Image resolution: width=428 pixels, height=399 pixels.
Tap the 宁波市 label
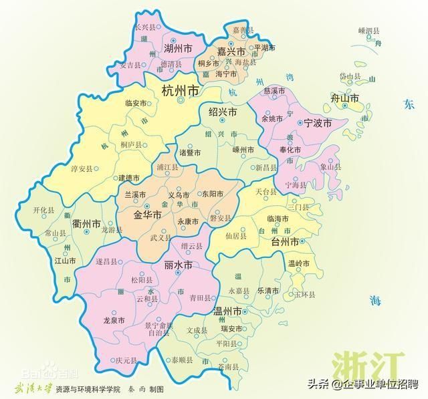click(x=318, y=123)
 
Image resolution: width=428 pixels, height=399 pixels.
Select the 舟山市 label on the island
click(x=346, y=98)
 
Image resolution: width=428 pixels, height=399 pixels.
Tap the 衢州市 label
click(x=87, y=223)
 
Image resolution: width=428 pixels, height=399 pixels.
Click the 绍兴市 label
click(x=223, y=112)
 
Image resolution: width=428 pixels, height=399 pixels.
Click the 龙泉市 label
click(x=114, y=321)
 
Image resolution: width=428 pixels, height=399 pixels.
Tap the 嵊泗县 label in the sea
click(x=368, y=31)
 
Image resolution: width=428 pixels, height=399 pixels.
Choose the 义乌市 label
click(x=179, y=194)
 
